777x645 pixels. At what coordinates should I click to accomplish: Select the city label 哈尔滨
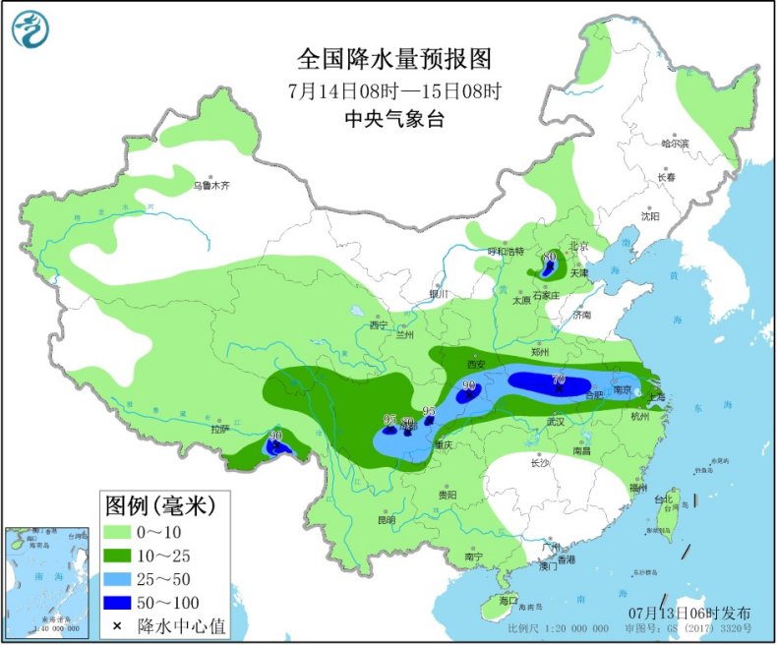[675, 144]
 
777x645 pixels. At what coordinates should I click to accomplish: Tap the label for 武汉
[557, 422]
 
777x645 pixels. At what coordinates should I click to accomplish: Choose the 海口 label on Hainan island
[508, 599]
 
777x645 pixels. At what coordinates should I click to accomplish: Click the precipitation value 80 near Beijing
[549, 257]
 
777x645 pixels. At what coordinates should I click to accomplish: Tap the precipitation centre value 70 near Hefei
[559, 380]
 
